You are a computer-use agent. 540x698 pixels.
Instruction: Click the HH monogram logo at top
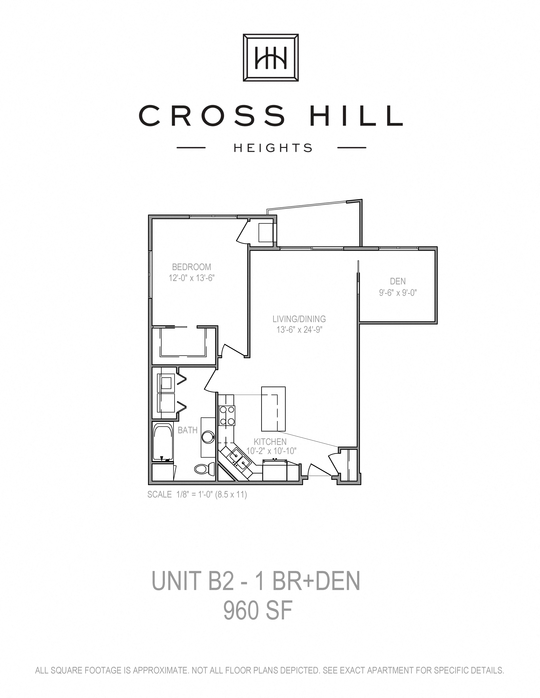tap(271, 58)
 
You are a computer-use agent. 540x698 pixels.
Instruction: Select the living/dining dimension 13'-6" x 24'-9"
tap(299, 330)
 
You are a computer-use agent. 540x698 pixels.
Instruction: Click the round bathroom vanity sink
tap(208, 437)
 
